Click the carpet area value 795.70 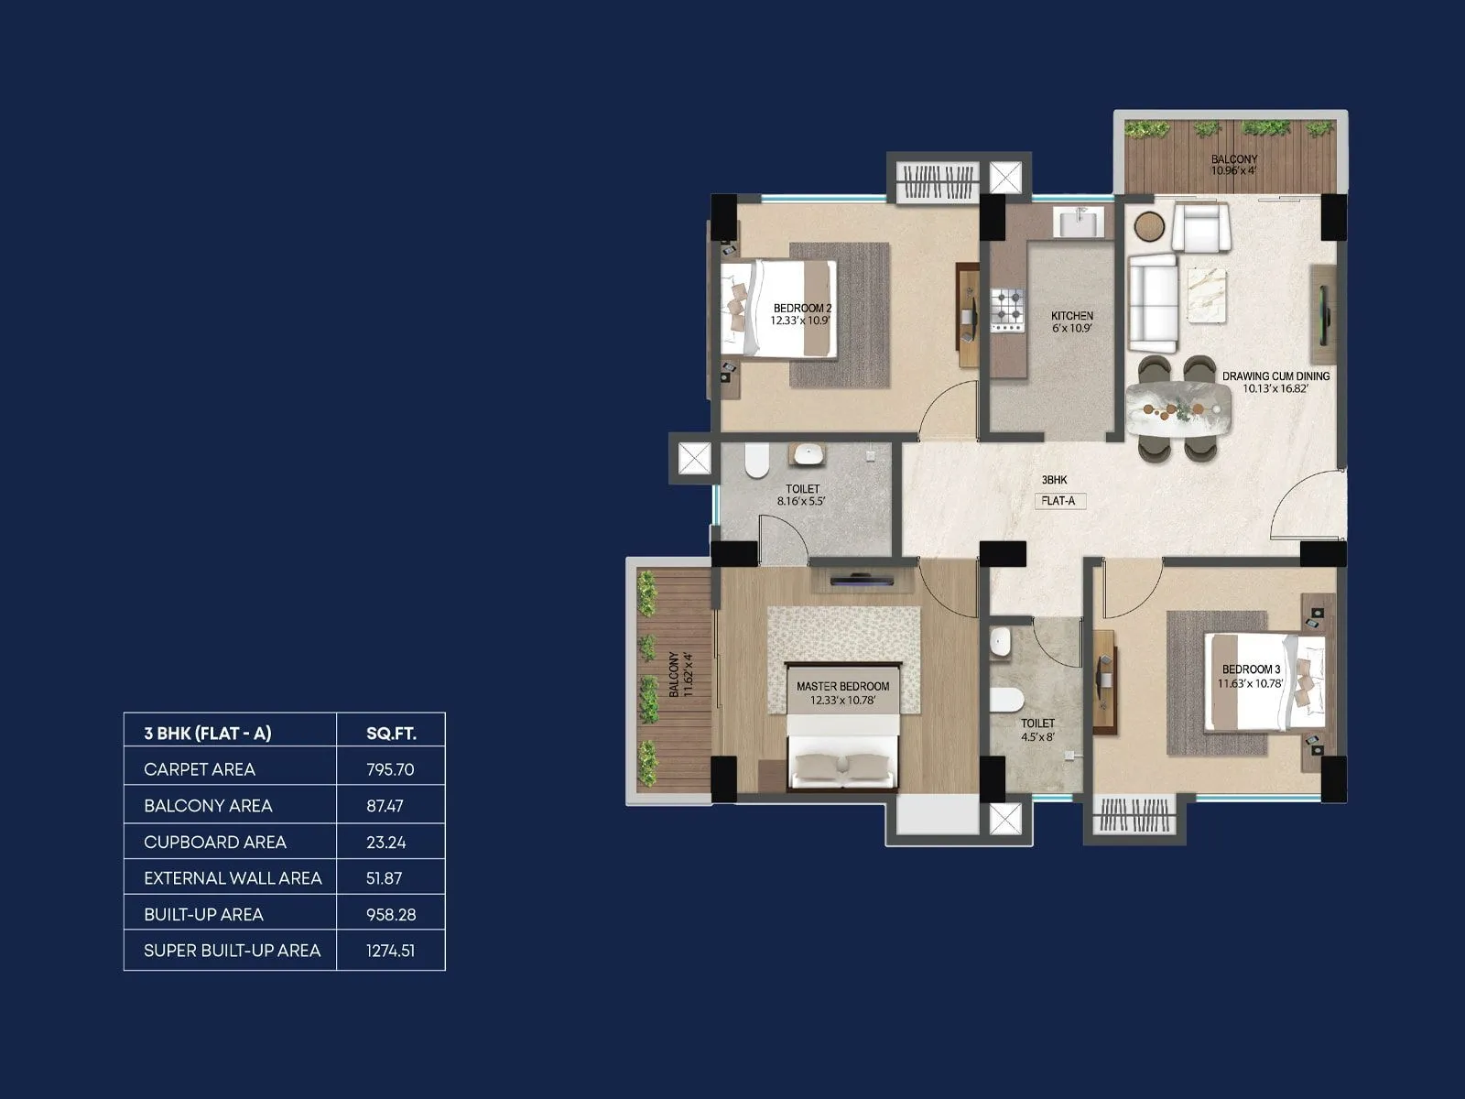pyautogui.click(x=390, y=769)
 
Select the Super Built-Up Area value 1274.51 pyautogui.click(x=390, y=951)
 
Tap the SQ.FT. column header pyautogui.click(x=391, y=733)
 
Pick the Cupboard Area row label pyautogui.click(x=215, y=842)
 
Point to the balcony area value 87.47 pyautogui.click(x=385, y=806)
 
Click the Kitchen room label pyautogui.click(x=1071, y=315)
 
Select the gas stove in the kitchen pyautogui.click(x=1009, y=310)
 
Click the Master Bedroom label pyautogui.click(x=842, y=686)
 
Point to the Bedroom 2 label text pyautogui.click(x=801, y=308)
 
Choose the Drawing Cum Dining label pyautogui.click(x=1275, y=375)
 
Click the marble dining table pyautogui.click(x=1179, y=408)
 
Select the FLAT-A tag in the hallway pyautogui.click(x=1058, y=501)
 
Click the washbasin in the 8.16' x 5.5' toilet pyautogui.click(x=808, y=453)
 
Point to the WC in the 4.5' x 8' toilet pyautogui.click(x=1007, y=701)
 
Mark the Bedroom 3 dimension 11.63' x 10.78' pyautogui.click(x=1251, y=682)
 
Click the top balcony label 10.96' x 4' pyautogui.click(x=1233, y=170)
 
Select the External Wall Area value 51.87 pyautogui.click(x=385, y=878)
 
